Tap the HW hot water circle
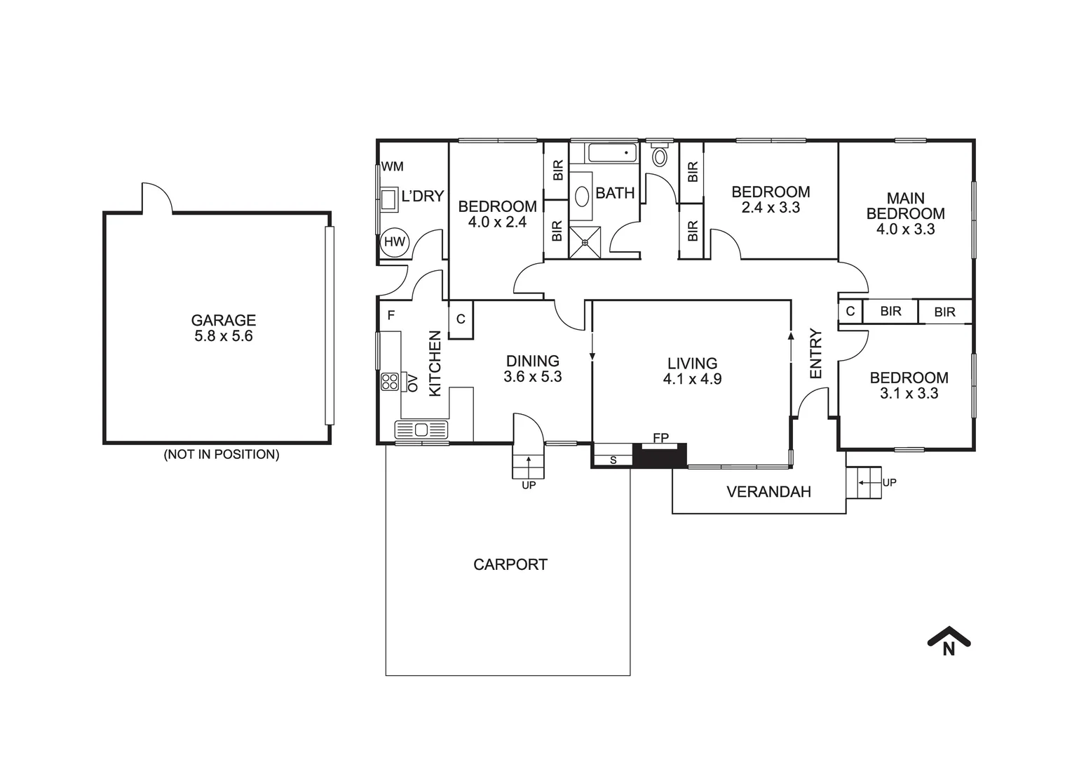click(395, 242)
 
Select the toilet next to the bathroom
click(660, 156)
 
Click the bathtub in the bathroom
click(611, 153)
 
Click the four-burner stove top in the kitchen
click(389, 381)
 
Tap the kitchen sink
click(421, 430)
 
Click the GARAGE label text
click(223, 320)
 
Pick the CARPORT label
click(510, 564)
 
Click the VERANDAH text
click(768, 492)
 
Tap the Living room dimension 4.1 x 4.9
click(692, 379)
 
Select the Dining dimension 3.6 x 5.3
click(532, 377)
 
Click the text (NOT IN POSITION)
click(221, 454)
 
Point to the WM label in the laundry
click(393, 167)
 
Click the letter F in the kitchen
click(391, 316)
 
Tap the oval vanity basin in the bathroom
click(582, 197)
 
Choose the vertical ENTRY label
click(815, 354)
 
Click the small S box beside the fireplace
click(613, 460)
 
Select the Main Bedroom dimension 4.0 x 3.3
click(905, 230)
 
